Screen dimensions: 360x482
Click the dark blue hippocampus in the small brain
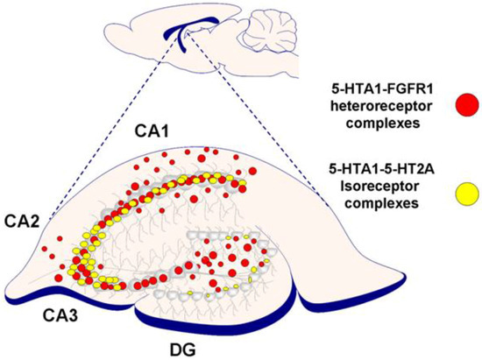tap(186, 36)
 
